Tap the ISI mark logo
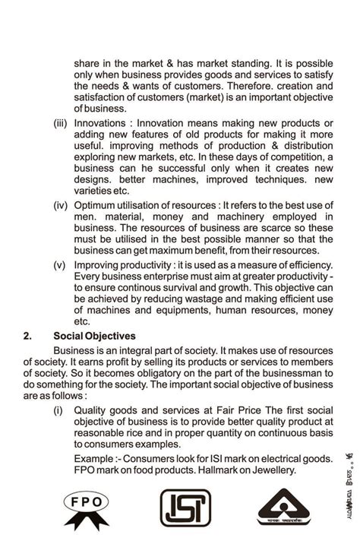point(179,508)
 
